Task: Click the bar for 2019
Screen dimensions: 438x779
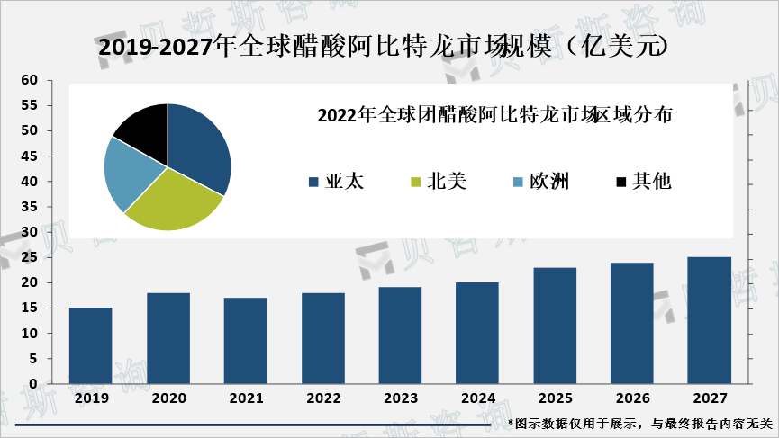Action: [x=90, y=345]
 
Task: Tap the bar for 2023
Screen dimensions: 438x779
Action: [x=400, y=335]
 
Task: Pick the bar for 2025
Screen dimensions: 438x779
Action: [x=555, y=325]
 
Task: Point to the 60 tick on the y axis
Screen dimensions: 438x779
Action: [x=29, y=81]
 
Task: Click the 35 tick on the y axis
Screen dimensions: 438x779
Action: [x=29, y=207]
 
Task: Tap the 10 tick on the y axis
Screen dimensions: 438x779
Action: [x=29, y=334]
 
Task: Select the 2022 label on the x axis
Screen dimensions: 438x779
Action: [x=322, y=398]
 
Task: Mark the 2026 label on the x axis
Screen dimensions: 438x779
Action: [x=631, y=398]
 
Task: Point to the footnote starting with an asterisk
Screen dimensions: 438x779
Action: [x=640, y=423]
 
